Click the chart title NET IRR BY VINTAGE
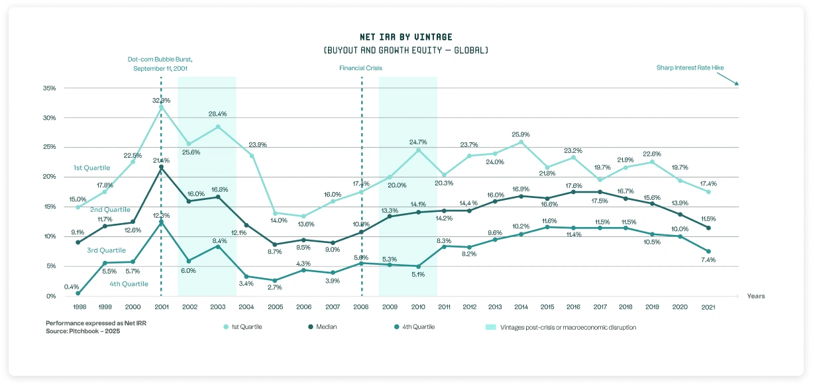406,37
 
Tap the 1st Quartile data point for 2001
161,107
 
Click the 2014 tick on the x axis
521,307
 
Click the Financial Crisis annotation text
360,68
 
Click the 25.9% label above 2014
521,134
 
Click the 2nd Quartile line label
109,209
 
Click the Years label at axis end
755,297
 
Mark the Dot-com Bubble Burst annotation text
161,64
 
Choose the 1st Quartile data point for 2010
418,150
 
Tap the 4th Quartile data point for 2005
274,281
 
